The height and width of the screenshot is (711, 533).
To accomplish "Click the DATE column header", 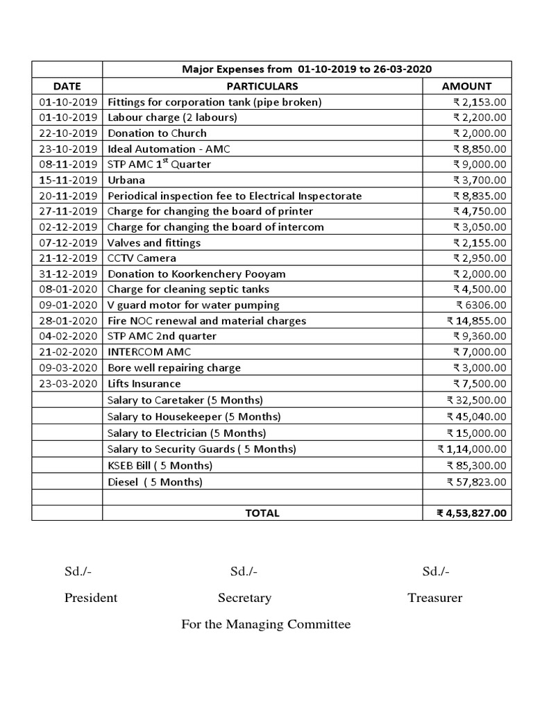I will coord(67,86).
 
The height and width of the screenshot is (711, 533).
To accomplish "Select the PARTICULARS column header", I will coord(262,86).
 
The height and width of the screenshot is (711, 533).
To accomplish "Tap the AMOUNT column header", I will coord(466,86).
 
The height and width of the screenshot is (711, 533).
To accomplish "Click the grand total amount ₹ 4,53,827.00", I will coord(471,513).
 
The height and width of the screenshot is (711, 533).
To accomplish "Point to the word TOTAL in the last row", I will coord(262,513).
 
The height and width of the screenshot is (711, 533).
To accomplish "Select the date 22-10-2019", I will coord(67,133).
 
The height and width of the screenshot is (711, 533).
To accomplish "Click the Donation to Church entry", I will coord(157,133).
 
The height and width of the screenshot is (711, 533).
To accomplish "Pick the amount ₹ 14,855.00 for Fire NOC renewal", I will coord(476,321).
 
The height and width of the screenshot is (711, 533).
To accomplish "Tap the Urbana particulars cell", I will coord(126,180).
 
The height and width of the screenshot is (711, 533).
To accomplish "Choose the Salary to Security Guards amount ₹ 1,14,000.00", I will coord(472,449).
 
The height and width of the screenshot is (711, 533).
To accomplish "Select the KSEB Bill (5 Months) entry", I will coord(160,465).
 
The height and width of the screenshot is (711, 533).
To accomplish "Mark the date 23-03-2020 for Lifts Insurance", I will coord(67,384).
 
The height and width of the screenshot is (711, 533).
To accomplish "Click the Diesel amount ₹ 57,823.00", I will coord(476,482).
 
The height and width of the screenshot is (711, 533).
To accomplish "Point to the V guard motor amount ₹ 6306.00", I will coord(481,305).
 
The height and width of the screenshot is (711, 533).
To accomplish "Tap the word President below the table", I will coord(91,598).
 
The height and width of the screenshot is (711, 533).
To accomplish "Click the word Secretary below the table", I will coord(244,598).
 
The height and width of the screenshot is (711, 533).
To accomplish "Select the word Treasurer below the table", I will coord(434,598).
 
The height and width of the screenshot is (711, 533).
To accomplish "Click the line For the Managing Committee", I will coord(266,624).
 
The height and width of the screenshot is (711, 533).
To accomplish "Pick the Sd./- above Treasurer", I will coord(435,571).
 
